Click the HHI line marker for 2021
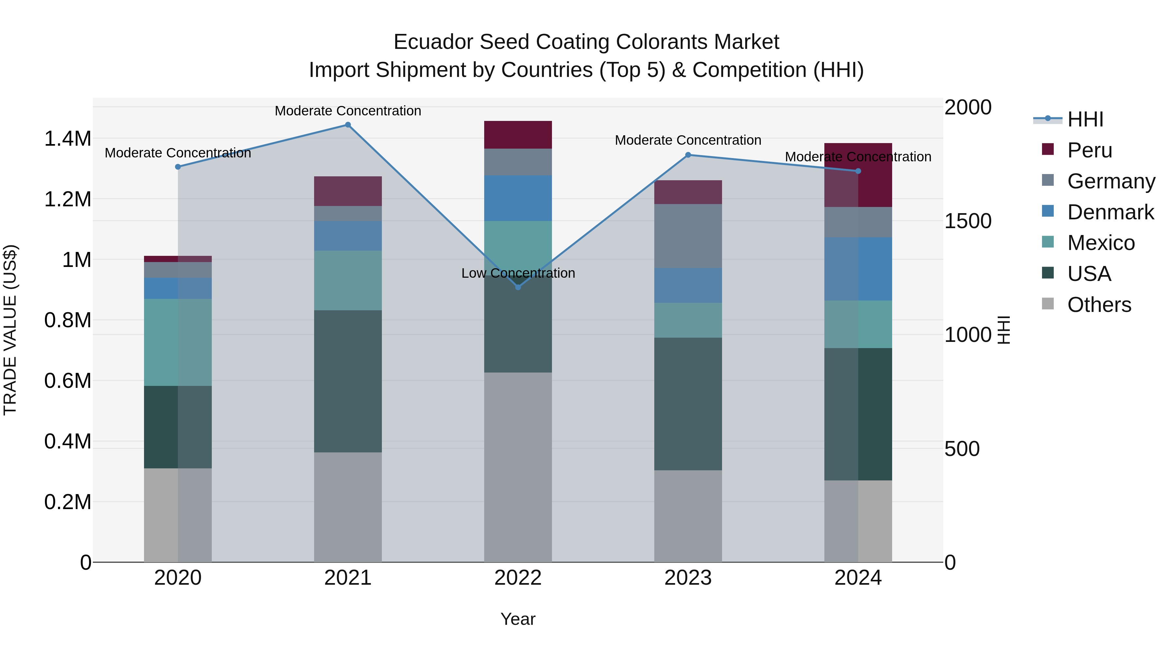coord(348,125)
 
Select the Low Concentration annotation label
coord(518,273)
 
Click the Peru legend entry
coord(1089,150)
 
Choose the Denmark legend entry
coord(1110,212)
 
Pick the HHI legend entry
coord(1085,119)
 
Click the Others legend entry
coord(1099,305)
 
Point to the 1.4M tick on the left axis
coord(67,139)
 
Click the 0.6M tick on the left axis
coord(67,381)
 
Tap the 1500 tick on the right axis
coord(968,221)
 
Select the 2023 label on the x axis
coord(688,578)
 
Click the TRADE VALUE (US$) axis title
coord(10,330)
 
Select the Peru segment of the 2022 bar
coord(518,135)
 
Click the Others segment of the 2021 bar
coord(348,507)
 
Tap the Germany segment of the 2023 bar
coord(688,236)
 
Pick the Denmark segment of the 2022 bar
coord(518,198)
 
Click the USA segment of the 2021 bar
coord(348,381)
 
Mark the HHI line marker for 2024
coord(858,171)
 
